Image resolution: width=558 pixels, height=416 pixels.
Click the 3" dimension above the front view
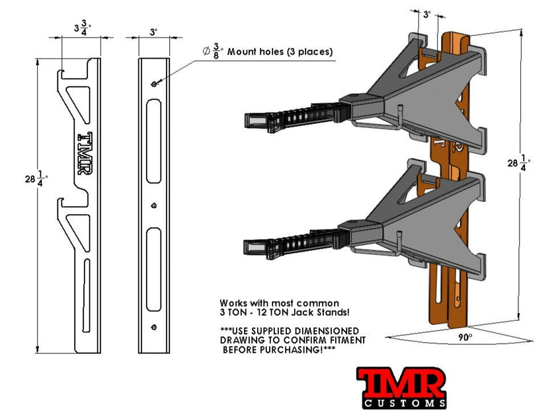pos(153,30)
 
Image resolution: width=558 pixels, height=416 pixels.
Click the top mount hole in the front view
pos(154,84)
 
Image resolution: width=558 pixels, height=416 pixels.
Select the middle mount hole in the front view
pos(153,206)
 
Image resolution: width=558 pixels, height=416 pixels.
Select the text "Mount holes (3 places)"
pos(280,52)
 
